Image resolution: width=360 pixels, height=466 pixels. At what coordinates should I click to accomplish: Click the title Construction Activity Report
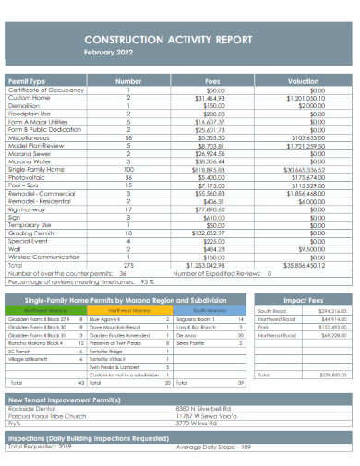point(180,41)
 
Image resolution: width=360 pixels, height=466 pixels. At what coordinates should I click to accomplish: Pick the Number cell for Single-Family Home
point(127,170)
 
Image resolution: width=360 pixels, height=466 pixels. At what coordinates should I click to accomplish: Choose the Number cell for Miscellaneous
point(127,137)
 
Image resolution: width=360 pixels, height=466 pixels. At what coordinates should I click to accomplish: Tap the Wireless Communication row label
point(43,257)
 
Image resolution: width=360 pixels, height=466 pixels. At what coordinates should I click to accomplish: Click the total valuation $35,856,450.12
point(301,265)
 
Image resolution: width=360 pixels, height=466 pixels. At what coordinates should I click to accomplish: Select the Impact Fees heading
point(302,301)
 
